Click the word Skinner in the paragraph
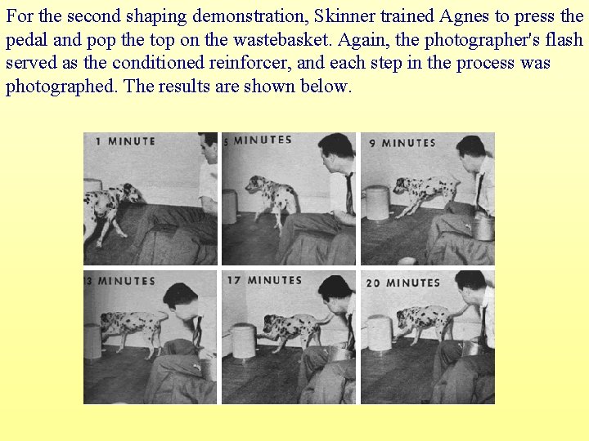(344, 16)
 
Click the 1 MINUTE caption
(125, 141)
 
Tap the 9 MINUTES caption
(402, 143)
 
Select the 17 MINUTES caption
(264, 280)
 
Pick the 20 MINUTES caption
(403, 283)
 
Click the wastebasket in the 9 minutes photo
(378, 203)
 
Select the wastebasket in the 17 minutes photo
(245, 341)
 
